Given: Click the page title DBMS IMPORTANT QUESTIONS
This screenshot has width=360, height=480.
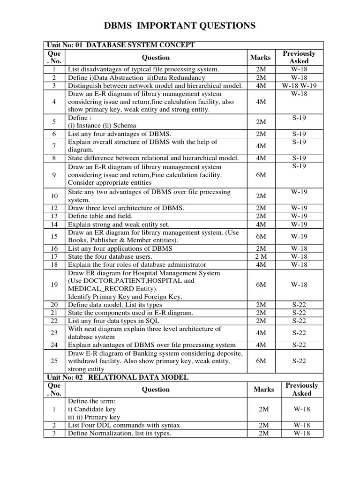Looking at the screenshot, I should pyautogui.click(x=180, y=26).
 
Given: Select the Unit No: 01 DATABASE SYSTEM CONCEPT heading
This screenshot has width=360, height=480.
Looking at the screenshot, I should pyautogui.click(x=120, y=45).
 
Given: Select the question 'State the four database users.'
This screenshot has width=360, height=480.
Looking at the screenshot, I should pyautogui.click(x=110, y=256).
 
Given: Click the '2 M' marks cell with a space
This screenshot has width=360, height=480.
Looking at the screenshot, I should pyautogui.click(x=261, y=256).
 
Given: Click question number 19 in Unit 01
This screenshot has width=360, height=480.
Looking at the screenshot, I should pyautogui.click(x=54, y=285).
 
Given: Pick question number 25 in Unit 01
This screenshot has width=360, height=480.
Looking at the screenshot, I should pyautogui.click(x=54, y=361).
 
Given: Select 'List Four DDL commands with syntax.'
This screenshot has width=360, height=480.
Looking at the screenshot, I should pyautogui.click(x=125, y=425).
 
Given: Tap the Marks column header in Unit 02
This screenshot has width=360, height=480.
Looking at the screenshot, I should pyautogui.click(x=263, y=389).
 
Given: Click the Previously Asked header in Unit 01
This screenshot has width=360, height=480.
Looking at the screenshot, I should pyautogui.click(x=299, y=57).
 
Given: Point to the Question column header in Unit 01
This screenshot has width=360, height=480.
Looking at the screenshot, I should pyautogui.click(x=156, y=58).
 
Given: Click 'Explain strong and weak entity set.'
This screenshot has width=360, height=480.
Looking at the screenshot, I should pyautogui.click(x=119, y=224).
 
